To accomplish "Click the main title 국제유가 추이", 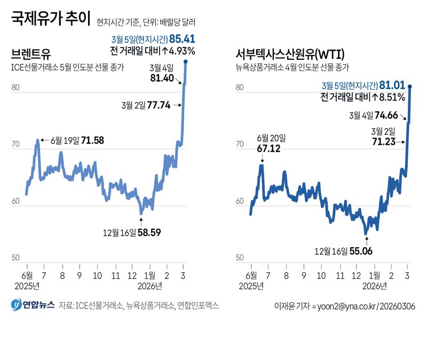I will (51, 21).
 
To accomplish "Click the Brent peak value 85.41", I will (182, 39).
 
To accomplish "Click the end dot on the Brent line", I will (186, 62).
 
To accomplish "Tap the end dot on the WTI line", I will (410, 86).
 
